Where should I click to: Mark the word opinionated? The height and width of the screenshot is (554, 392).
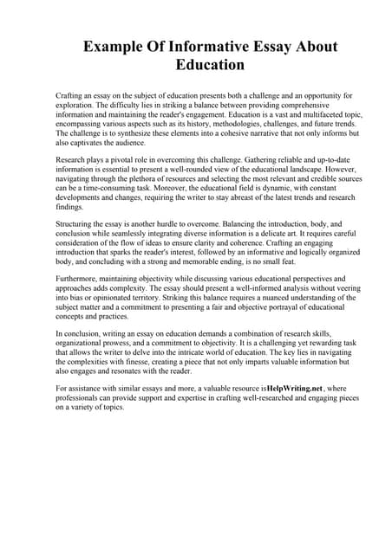pos(115,301)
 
